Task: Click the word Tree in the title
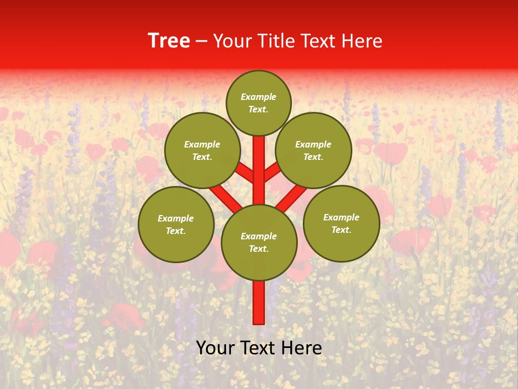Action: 169,41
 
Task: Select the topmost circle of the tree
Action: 258,103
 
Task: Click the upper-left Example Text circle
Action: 202,150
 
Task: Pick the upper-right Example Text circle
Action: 313,150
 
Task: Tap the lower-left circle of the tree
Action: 176,224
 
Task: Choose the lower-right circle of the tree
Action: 341,223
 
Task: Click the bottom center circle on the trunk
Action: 259,242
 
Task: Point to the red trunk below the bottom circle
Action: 259,303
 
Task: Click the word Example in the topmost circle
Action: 258,97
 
